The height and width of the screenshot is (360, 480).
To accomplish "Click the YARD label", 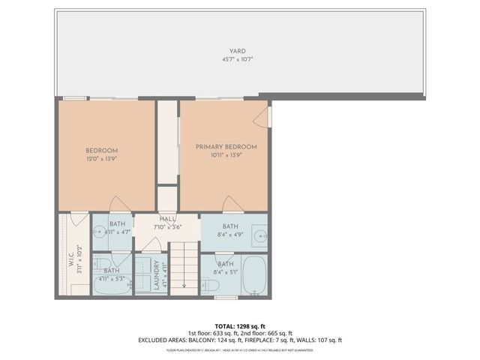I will tap(238, 51).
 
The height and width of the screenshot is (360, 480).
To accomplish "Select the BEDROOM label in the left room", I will tap(101, 151).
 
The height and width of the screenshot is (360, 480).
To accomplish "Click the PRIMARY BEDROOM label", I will tap(226, 147).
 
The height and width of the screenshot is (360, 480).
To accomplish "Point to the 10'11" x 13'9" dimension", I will tap(226, 155).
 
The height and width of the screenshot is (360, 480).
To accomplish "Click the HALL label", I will tap(167, 218).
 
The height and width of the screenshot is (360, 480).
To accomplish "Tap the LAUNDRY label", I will tap(158, 275).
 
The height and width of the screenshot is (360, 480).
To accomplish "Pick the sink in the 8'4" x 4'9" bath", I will tap(259, 234).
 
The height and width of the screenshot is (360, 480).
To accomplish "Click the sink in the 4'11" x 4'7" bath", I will tap(99, 232).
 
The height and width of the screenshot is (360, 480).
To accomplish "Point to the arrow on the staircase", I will tap(184, 283).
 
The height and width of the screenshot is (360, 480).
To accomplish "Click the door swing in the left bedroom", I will tap(118, 205).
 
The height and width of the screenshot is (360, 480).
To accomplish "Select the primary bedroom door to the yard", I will tap(262, 116).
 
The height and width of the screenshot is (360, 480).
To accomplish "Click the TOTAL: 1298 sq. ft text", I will tap(239, 326).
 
